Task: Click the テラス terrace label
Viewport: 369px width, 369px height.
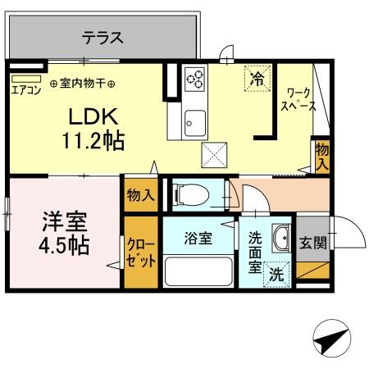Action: [x=102, y=37]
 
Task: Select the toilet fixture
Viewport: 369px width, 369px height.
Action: [x=193, y=196]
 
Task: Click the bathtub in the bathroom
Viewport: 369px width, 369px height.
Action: [x=198, y=271]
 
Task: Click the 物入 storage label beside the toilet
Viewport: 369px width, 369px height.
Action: [x=140, y=195]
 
